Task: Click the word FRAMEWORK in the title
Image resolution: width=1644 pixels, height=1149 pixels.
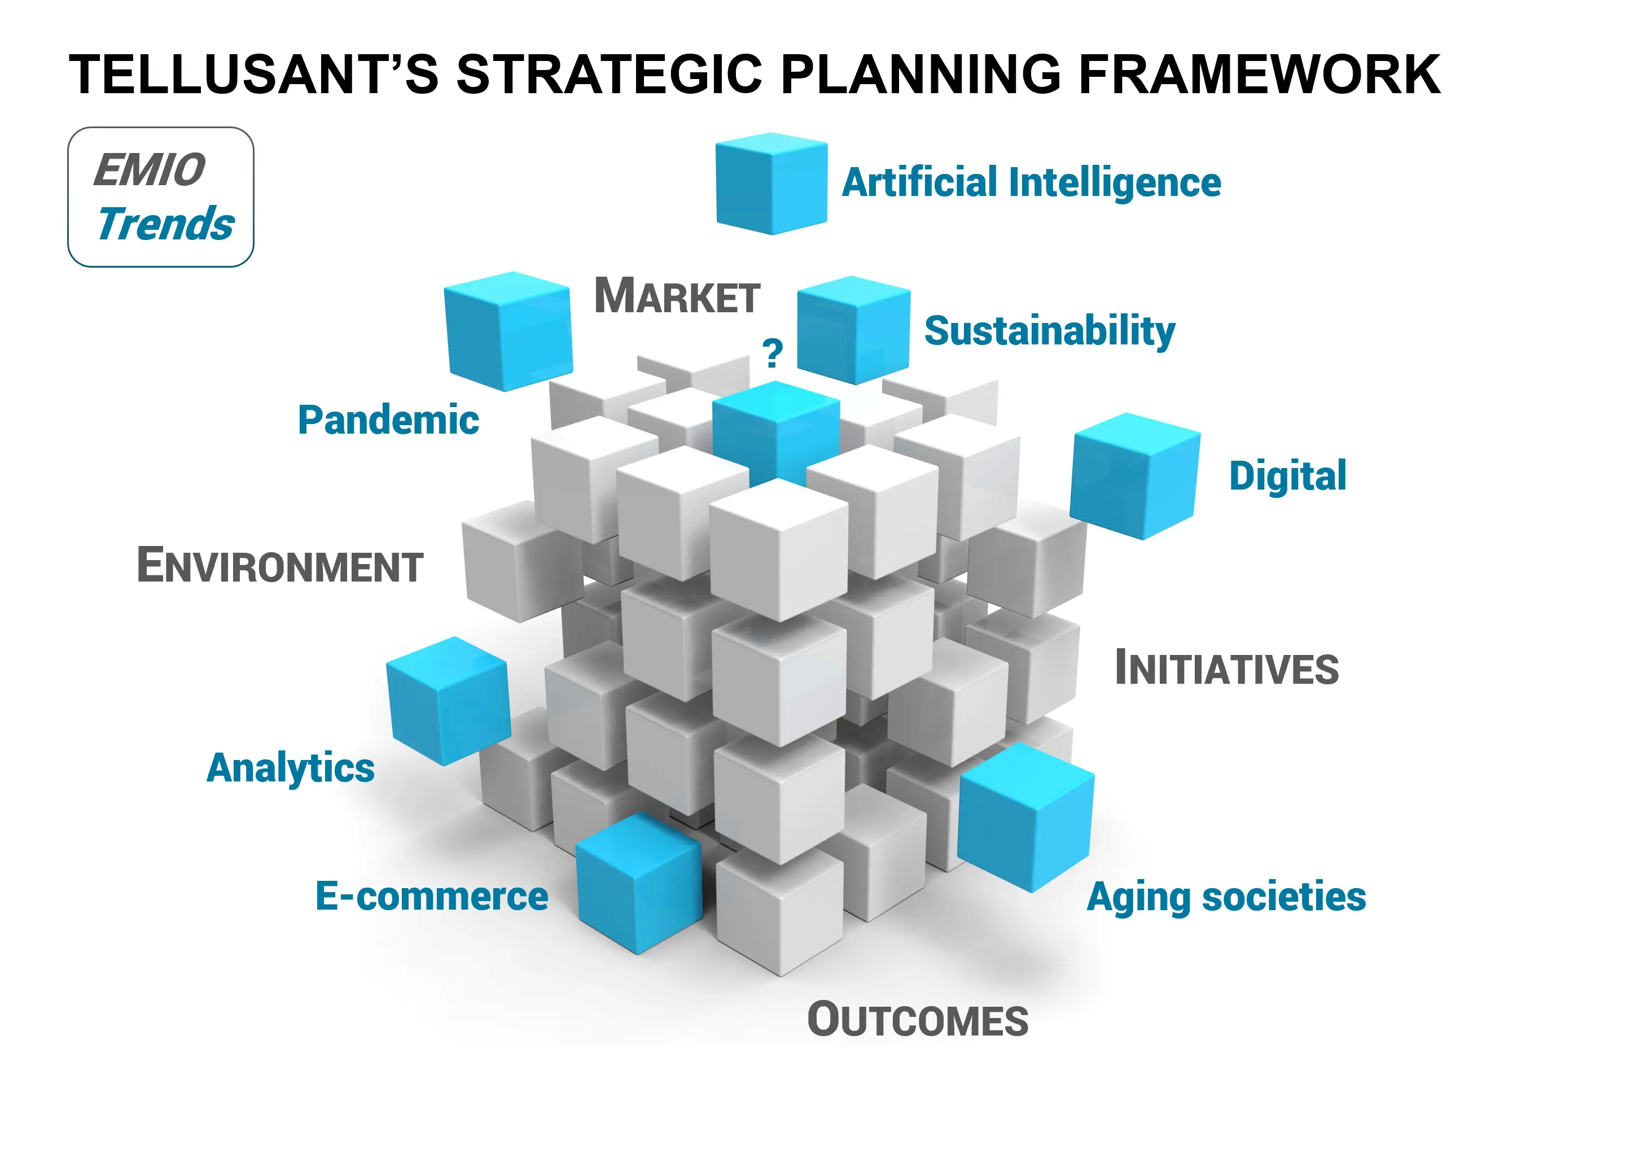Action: pyautogui.click(x=1259, y=74)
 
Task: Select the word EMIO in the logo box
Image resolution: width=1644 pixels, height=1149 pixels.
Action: pyautogui.click(x=150, y=170)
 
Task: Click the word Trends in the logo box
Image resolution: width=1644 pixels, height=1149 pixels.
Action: pyautogui.click(x=165, y=224)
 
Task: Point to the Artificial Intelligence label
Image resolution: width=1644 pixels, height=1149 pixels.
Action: pyautogui.click(x=1031, y=183)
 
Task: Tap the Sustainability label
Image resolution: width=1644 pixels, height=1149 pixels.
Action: pyautogui.click(x=1050, y=331)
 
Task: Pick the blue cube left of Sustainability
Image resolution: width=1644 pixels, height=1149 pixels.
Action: pyautogui.click(x=853, y=330)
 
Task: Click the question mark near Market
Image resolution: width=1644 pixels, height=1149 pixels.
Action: pyautogui.click(x=773, y=352)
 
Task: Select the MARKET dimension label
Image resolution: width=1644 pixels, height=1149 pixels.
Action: pyautogui.click(x=677, y=295)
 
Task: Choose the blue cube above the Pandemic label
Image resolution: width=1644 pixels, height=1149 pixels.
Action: pyautogui.click(x=508, y=331)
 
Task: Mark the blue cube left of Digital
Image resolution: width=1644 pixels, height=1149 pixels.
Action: pyautogui.click(x=1135, y=475)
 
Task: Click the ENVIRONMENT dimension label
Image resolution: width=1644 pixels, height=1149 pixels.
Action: pyautogui.click(x=280, y=565)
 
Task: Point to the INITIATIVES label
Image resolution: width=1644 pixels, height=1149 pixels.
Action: pyautogui.click(x=1226, y=667)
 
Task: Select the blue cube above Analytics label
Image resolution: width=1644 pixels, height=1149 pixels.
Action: pyautogui.click(x=448, y=701)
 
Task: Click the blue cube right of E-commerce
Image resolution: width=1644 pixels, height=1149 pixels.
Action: pyautogui.click(x=639, y=883)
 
